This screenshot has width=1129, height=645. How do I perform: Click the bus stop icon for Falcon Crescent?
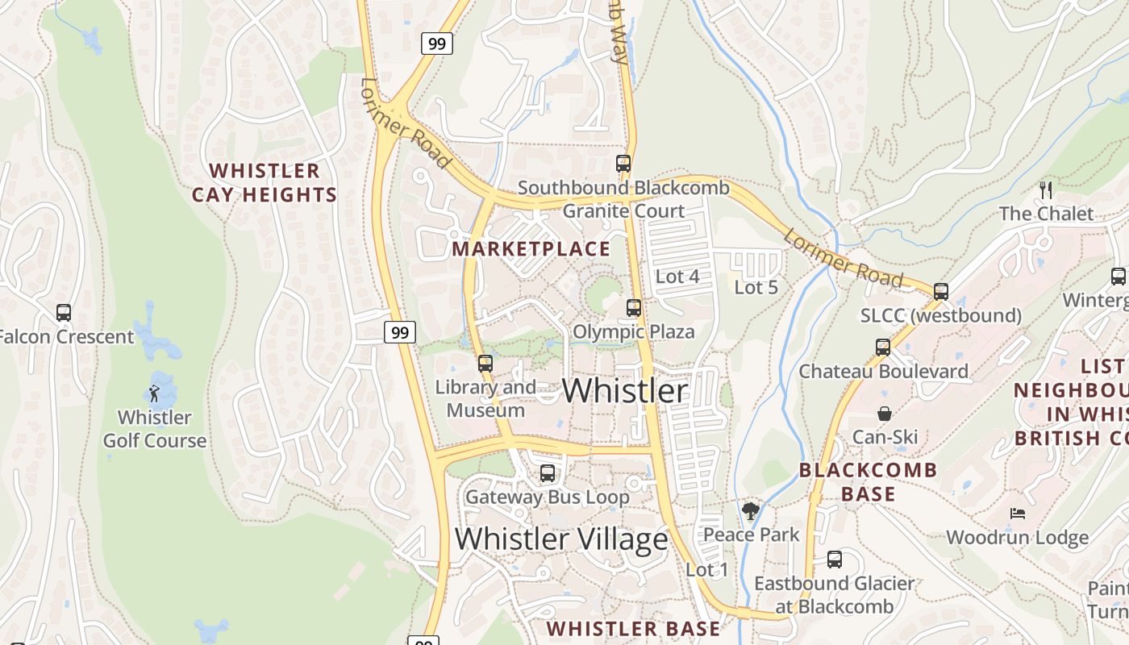(64, 313)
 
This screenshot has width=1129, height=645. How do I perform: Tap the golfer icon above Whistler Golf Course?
(154, 393)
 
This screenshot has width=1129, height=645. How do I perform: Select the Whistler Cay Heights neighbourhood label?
(264, 183)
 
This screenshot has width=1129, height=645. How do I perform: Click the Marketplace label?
(531, 249)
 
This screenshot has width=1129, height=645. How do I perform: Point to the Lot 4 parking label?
(677, 277)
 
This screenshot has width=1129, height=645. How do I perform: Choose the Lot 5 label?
(756, 287)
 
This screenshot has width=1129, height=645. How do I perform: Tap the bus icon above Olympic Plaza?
(634, 308)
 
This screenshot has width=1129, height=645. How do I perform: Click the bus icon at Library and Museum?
(485, 364)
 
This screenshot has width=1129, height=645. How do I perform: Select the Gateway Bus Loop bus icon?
(548, 473)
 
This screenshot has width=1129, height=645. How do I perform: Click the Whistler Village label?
(561, 539)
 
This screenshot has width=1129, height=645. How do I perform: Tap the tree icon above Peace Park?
(751, 510)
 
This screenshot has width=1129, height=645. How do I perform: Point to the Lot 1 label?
(706, 570)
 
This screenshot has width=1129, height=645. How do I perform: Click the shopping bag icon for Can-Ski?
(885, 414)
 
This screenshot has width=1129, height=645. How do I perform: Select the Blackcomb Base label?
(868, 481)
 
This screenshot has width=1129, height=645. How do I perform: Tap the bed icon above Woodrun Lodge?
(1017, 514)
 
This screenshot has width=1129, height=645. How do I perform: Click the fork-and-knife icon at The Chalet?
(1046, 190)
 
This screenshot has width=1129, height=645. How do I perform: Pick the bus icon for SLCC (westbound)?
(940, 292)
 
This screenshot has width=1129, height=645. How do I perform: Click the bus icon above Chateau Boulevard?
(883, 347)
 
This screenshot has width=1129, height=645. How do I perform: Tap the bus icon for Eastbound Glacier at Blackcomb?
(835, 560)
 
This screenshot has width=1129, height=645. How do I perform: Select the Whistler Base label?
(633, 629)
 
